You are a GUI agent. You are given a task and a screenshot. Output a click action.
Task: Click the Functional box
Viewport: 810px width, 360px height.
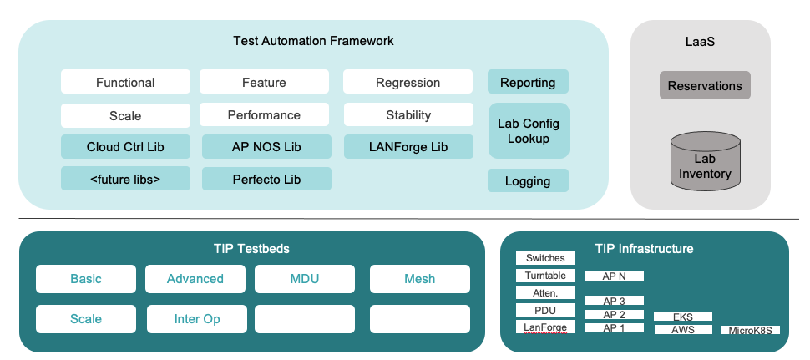[x=125, y=82]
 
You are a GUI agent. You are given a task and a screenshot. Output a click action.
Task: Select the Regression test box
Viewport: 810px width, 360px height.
[x=408, y=82]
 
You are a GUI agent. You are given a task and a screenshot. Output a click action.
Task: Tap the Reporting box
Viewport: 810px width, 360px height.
[x=528, y=82]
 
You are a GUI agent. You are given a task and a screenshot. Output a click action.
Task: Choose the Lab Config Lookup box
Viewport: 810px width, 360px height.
[x=528, y=130]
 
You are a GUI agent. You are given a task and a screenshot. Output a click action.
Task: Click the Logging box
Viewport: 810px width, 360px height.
[x=528, y=180]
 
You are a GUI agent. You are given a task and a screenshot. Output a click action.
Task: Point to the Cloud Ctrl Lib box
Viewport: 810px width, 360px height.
[x=125, y=147]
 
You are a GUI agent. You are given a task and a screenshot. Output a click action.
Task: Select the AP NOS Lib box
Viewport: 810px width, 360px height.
[x=266, y=147]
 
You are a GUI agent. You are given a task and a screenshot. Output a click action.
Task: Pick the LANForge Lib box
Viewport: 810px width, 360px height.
[x=408, y=147]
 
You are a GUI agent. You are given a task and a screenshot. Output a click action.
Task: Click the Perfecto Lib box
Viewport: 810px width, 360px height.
[x=266, y=179]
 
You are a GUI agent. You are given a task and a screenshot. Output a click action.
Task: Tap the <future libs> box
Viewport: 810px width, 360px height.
[x=125, y=179]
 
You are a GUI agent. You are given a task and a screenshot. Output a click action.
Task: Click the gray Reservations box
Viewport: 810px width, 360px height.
[x=705, y=85]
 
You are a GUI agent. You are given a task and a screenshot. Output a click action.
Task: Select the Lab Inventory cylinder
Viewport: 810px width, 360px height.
[x=705, y=162]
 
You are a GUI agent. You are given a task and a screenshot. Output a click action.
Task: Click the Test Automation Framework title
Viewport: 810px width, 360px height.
[x=313, y=40]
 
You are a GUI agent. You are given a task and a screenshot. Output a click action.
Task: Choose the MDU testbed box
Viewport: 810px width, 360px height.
[x=305, y=279]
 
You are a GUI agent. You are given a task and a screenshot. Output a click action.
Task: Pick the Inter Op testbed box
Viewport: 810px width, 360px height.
[x=197, y=319]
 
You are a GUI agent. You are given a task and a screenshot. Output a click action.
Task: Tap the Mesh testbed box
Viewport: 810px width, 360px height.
[x=419, y=279]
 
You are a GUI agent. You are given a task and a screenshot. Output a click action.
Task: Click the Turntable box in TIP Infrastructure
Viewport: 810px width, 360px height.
[x=544, y=276]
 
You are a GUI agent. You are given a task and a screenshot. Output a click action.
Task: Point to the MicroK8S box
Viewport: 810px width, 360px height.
[x=750, y=330]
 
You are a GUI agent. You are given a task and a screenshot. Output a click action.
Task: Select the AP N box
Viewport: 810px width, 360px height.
[x=614, y=276]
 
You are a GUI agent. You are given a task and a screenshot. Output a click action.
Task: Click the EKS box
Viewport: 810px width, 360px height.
[x=682, y=317]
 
